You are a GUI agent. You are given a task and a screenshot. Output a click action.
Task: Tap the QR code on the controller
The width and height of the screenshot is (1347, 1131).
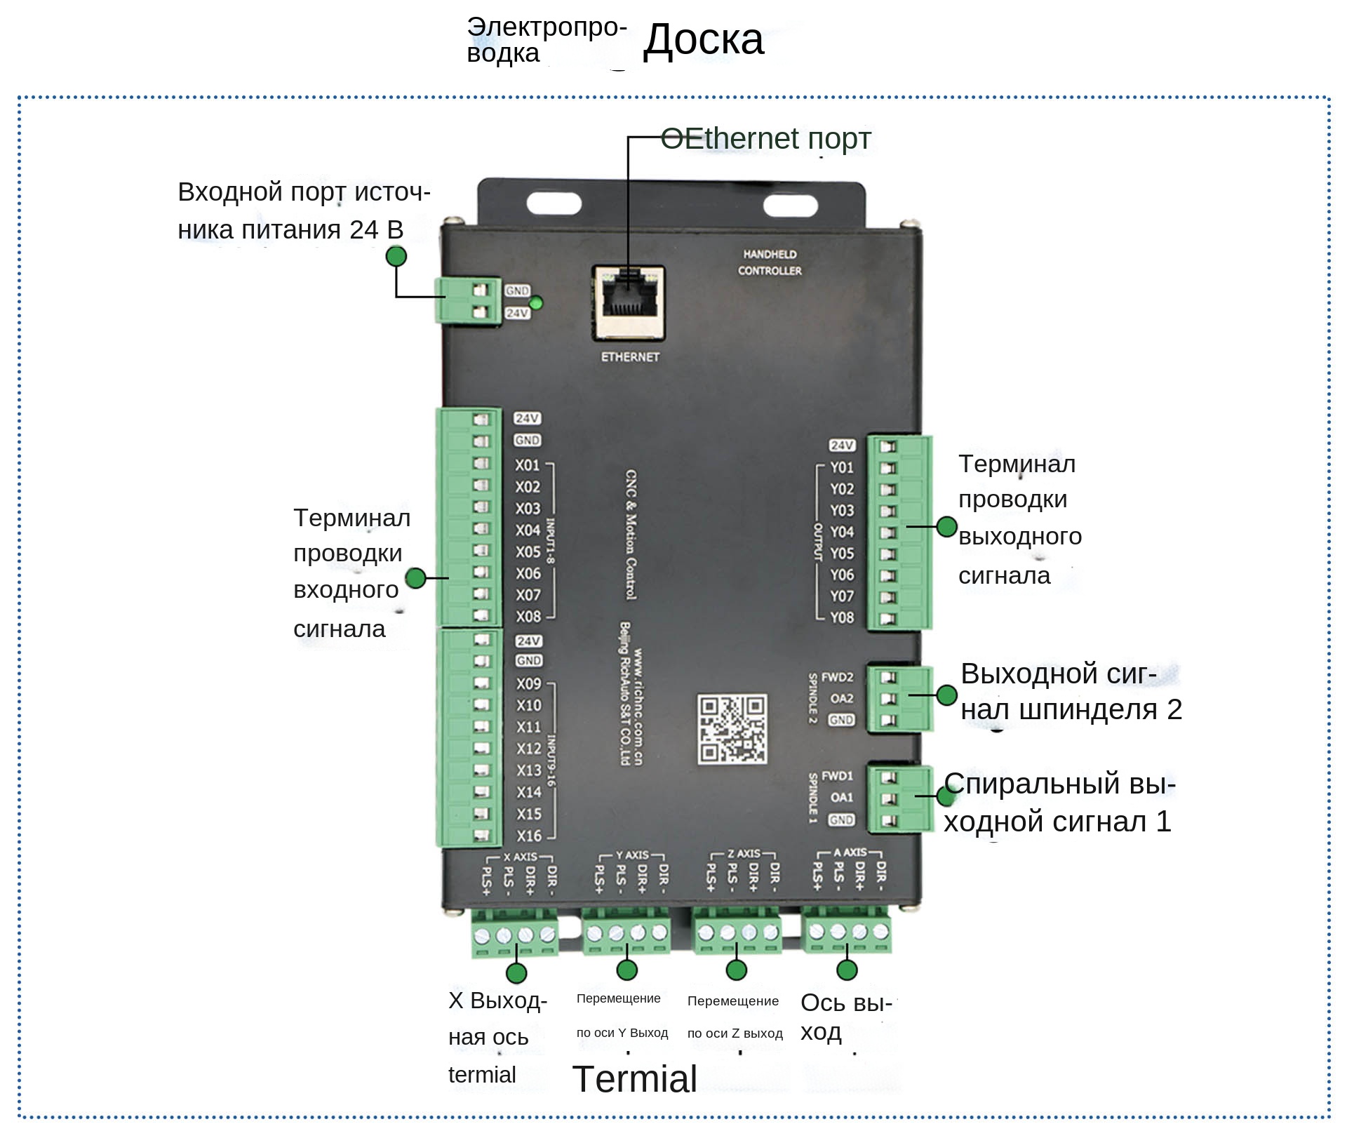[x=732, y=729]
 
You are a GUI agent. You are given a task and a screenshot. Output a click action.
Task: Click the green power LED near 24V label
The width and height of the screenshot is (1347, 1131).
[x=536, y=303]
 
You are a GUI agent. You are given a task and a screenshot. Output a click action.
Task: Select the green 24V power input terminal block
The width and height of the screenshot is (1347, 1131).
[x=467, y=300]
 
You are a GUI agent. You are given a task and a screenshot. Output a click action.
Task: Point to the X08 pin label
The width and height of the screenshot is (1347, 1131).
[x=528, y=617]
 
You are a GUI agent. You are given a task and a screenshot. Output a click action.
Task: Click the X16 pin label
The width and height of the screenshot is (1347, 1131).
[x=529, y=836]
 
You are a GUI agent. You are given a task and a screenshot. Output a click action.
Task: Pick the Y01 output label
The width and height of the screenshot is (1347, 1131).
[x=842, y=467]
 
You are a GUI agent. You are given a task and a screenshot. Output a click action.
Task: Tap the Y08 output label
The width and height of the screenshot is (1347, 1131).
[x=842, y=617]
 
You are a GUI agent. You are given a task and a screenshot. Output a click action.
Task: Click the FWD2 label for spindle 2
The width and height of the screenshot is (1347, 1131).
[x=837, y=677]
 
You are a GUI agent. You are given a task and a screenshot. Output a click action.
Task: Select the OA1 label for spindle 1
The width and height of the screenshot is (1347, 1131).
[x=841, y=797]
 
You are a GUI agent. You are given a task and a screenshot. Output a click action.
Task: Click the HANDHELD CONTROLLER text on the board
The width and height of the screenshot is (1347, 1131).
[x=770, y=262]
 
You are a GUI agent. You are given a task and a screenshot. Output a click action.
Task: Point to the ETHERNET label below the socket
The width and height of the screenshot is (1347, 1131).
[x=630, y=357]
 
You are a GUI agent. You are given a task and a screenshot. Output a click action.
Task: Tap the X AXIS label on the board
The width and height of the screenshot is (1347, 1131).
[x=520, y=857]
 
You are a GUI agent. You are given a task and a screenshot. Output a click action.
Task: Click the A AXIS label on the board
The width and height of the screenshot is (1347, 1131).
[x=850, y=852]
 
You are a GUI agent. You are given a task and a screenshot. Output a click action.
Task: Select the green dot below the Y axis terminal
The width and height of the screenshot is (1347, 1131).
[x=626, y=970]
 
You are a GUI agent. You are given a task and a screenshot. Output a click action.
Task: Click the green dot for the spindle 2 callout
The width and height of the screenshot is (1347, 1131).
[x=947, y=695]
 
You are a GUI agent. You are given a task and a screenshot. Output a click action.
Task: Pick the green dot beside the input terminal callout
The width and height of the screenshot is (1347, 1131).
[x=416, y=577]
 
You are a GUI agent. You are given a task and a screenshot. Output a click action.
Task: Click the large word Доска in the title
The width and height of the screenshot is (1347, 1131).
[x=703, y=39]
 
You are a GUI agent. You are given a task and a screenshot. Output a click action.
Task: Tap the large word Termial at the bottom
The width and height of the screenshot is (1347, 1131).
[x=634, y=1079]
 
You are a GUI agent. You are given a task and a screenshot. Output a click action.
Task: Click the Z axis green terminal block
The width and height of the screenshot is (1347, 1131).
[x=737, y=932]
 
